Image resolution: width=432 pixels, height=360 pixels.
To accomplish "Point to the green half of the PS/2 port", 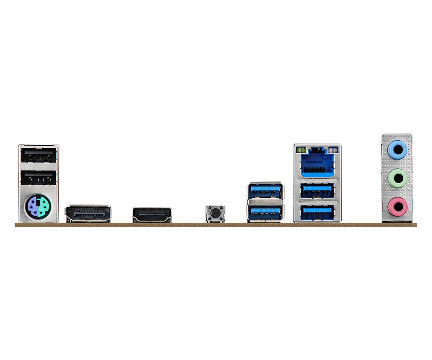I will [44, 206].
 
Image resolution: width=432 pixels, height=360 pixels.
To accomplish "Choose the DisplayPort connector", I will [88, 213].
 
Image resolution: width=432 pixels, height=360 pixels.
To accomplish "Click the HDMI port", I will [152, 215].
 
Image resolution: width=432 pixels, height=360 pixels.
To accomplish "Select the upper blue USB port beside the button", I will [265, 191].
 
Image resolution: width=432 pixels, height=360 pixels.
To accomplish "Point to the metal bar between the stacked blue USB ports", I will [265, 202].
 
